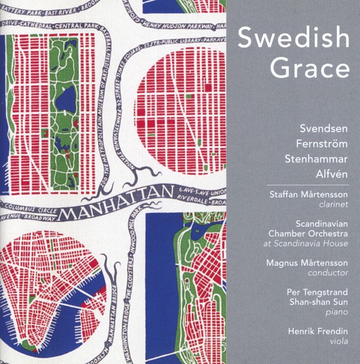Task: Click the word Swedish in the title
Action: (293, 39)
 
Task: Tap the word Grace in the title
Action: (310, 68)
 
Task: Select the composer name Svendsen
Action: (324, 129)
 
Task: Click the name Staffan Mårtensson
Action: (308, 195)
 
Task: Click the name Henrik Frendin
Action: (319, 332)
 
